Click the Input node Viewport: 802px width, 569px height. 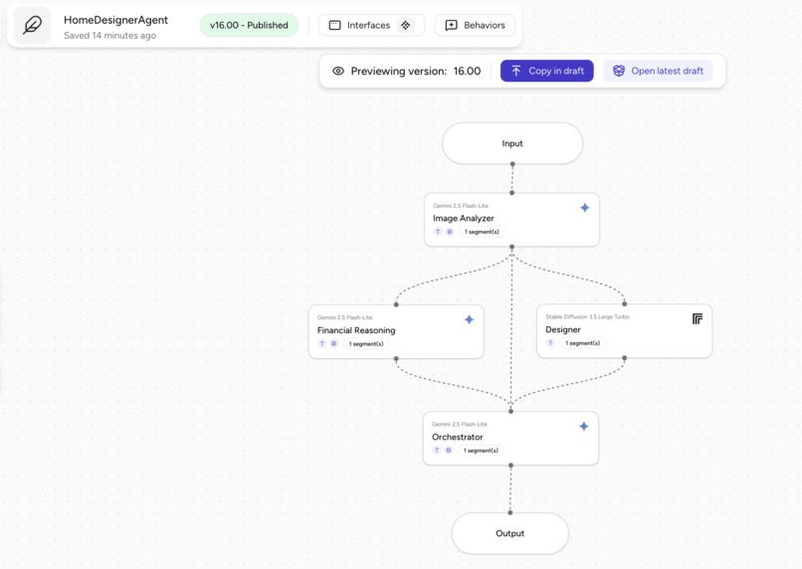click(512, 143)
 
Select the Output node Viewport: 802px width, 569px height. click(509, 533)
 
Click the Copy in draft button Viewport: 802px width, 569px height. click(546, 71)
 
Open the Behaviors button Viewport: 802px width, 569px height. click(475, 25)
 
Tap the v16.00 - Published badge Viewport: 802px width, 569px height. click(249, 25)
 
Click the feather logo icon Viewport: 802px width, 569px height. click(32, 26)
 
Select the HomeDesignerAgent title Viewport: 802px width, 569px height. click(115, 20)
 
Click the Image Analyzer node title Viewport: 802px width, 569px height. click(464, 218)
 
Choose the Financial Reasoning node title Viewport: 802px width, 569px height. click(356, 330)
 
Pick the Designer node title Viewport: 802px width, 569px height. click(563, 329)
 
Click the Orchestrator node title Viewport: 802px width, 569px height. click(458, 437)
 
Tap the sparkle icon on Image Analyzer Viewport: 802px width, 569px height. click(584, 208)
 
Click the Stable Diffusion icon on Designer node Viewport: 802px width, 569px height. click(697, 318)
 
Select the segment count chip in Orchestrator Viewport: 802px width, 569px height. click(481, 451)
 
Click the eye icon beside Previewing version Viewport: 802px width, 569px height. click(338, 72)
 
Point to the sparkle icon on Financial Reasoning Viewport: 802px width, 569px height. click(469, 319)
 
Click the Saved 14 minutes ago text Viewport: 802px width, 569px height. click(109, 36)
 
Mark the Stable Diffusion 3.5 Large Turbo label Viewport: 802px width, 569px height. click(587, 317)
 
